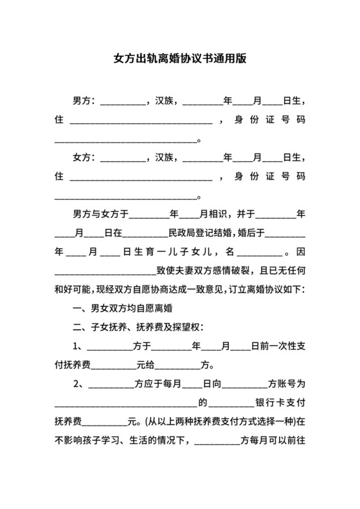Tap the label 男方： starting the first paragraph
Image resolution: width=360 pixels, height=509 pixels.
tap(84, 102)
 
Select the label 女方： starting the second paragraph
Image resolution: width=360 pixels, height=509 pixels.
tap(84, 157)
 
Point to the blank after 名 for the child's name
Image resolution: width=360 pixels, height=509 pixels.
tap(260, 252)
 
